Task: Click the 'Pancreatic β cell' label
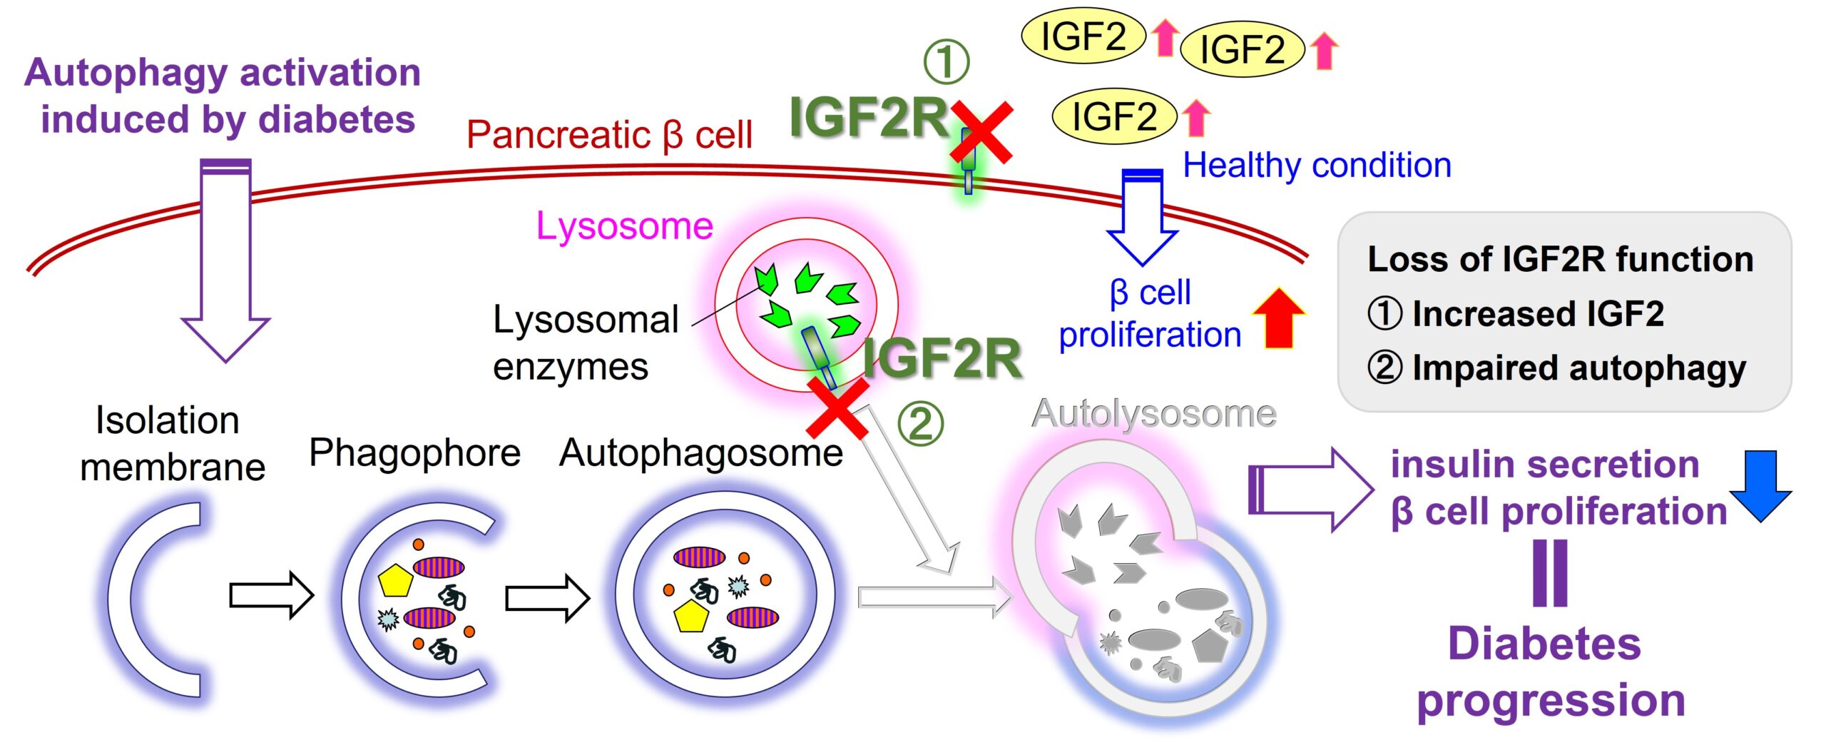(x=609, y=135)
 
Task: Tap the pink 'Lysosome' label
(x=624, y=226)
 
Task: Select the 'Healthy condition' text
(x=1317, y=166)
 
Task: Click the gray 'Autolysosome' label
(x=1153, y=414)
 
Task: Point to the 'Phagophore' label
(x=414, y=452)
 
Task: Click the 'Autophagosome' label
(x=701, y=452)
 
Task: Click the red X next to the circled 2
(x=837, y=408)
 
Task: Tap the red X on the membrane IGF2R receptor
(x=981, y=132)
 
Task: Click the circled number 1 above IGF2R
(x=947, y=61)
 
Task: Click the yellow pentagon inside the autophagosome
(x=690, y=617)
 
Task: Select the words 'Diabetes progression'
(x=1551, y=672)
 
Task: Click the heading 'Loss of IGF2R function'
(x=1560, y=259)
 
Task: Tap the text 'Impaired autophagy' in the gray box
(x=1578, y=368)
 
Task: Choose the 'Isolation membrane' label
(x=171, y=444)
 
